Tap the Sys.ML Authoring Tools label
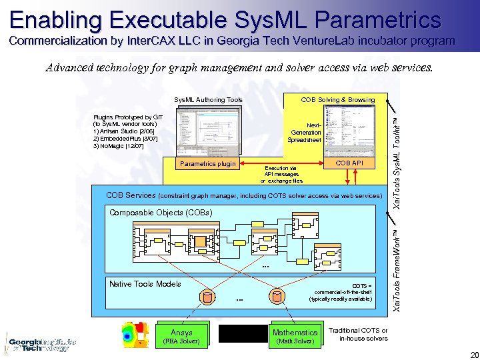tap(208, 100)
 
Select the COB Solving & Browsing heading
tap(337, 100)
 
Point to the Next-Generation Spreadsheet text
tap(305, 132)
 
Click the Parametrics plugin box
tap(208, 164)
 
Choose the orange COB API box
tap(349, 163)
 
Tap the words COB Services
tap(131, 195)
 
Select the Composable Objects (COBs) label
tap(160, 213)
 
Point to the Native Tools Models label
tap(145, 284)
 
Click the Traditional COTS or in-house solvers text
tap(363, 334)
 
